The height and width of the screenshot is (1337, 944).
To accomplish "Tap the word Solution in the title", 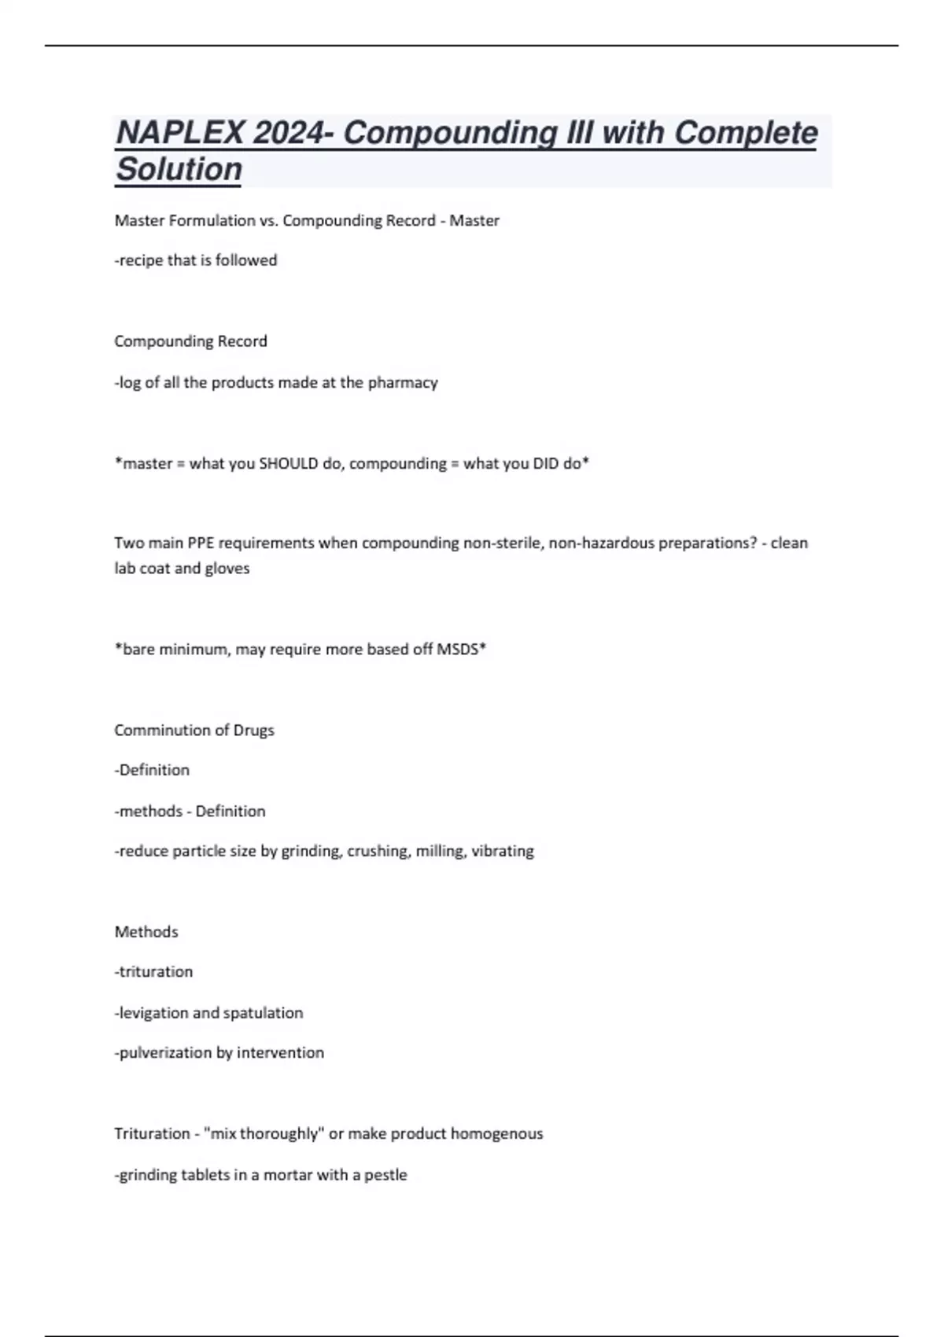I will pos(179,169).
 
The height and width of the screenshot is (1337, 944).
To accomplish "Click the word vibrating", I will pos(502,851).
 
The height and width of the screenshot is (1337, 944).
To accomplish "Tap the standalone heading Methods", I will pos(146,932).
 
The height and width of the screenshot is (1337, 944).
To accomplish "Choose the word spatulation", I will pos(263,1013).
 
